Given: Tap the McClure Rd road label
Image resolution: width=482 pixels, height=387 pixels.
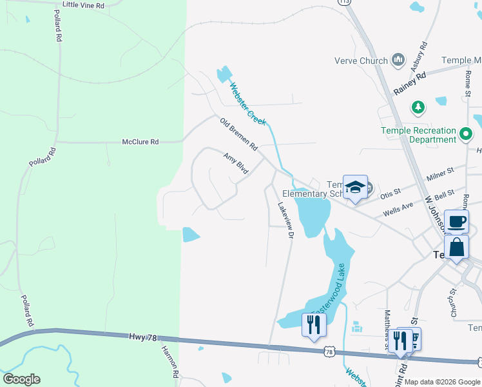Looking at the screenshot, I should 140,141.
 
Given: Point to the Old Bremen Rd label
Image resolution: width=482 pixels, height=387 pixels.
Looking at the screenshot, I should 238,134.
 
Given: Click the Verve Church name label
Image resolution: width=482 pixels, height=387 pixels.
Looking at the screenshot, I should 361,61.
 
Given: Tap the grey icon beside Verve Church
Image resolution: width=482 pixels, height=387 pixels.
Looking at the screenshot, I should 398,61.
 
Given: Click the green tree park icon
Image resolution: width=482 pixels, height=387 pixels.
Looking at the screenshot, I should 418,106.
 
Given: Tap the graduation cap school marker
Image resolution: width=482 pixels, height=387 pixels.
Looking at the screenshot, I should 355,187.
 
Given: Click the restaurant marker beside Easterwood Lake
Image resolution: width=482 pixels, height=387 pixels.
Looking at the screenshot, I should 314,324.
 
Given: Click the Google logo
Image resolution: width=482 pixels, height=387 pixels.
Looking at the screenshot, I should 21,379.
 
